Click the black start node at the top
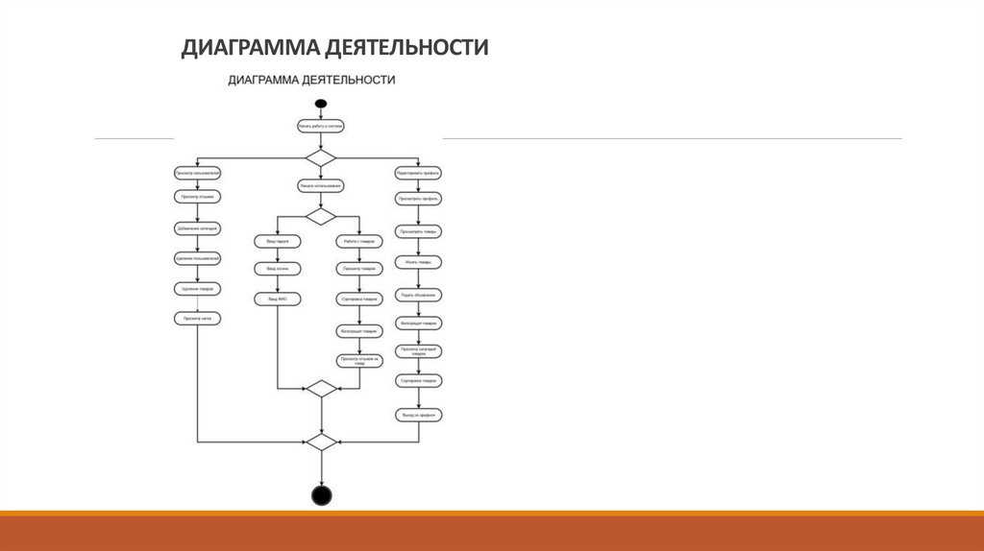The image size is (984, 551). pos(321,103)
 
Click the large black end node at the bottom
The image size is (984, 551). pos(321,495)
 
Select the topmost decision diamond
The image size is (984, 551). pos(321,156)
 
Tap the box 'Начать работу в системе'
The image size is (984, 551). pos(321,126)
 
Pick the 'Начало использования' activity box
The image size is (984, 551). pos(321,186)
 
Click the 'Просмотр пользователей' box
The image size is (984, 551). pos(198,173)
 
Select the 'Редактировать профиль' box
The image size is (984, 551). pos(419,173)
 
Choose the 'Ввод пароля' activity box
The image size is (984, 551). pos(278,241)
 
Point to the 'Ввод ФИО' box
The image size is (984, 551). pos(278,299)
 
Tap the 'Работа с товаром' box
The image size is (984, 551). pos(358,241)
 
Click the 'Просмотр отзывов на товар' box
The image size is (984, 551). pos(358,361)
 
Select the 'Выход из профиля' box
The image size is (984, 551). pos(419,415)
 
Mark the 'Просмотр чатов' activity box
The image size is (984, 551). pos(198,318)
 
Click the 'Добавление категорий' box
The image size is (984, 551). pos(198,228)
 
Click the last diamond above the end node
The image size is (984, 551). pos(321,442)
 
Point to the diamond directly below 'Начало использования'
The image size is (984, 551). pos(321,215)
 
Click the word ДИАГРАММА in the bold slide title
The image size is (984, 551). pos(250,47)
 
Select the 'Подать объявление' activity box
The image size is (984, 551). pos(419,294)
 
